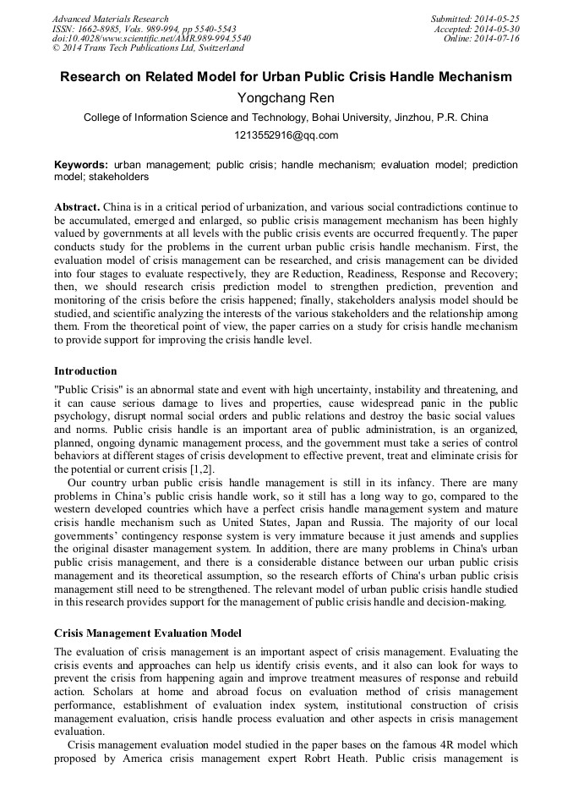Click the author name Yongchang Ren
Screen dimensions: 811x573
click(286, 98)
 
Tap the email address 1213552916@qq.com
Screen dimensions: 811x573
click(286, 135)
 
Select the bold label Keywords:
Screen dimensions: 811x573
click(81, 165)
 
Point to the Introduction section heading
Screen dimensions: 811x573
click(85, 371)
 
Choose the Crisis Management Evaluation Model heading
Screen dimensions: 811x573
click(148, 633)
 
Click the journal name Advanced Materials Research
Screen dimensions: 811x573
click(110, 19)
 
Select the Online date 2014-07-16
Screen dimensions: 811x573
click(498, 39)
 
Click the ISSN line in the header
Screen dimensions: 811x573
click(144, 29)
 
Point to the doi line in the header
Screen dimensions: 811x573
click(151, 39)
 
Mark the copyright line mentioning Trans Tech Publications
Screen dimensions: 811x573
click(148, 49)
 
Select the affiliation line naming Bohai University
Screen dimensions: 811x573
click(286, 118)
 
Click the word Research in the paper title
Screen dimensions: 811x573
click(94, 77)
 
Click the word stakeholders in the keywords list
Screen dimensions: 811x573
click(120, 177)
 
